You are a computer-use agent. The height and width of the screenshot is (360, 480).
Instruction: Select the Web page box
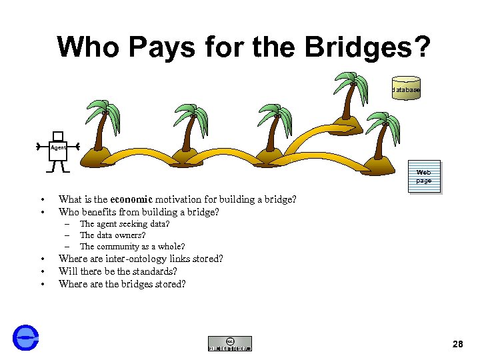[x=424, y=177]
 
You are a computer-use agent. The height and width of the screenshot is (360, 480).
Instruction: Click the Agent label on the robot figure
[x=58, y=147]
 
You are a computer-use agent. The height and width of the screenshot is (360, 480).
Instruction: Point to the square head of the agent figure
[x=58, y=135]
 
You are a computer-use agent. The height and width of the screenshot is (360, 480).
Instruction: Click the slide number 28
[x=457, y=344]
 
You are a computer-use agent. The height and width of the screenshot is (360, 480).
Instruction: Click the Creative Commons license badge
[x=230, y=343]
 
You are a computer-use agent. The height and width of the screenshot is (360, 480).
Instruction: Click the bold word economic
[x=132, y=199]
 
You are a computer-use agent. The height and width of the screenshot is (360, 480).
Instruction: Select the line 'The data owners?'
[x=112, y=235]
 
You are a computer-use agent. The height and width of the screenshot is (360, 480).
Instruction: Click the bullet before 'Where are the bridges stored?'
[x=41, y=285]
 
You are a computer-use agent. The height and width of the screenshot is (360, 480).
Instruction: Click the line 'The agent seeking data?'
[x=125, y=224]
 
